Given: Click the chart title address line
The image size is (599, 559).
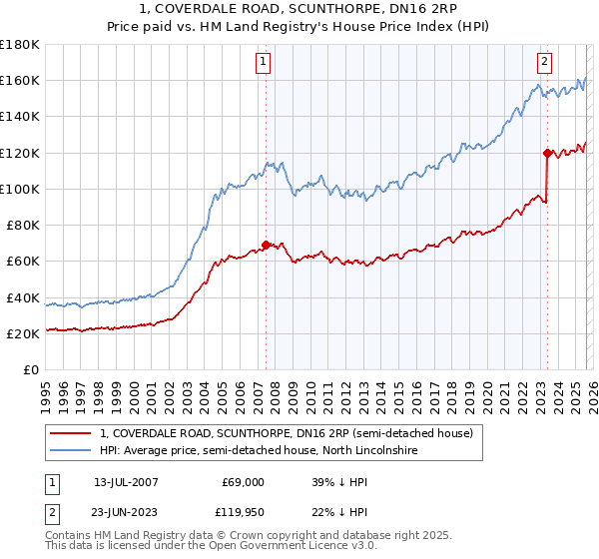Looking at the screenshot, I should (x=299, y=10).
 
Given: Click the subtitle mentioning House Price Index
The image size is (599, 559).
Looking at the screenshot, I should (x=299, y=27).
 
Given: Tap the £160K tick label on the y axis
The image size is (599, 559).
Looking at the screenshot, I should (x=20, y=80).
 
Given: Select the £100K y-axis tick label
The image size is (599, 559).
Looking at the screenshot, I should (x=20, y=189).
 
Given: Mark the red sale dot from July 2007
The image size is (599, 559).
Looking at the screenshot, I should (x=266, y=245).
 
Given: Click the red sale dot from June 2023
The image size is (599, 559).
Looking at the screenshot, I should (x=547, y=153).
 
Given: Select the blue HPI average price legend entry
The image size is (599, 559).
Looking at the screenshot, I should (x=258, y=451).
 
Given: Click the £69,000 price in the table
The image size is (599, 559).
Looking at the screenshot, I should (x=243, y=481).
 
